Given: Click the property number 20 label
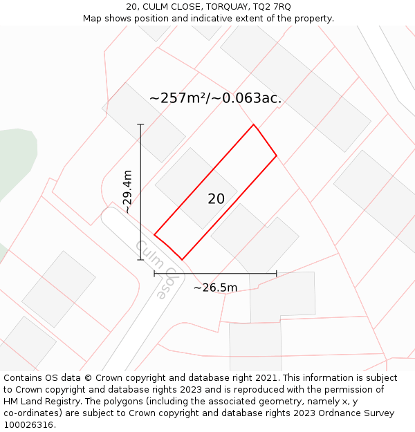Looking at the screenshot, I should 216,199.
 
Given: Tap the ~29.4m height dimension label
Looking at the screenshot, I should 127,191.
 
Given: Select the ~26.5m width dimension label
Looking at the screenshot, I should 215,288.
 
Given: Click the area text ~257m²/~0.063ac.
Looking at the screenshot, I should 215,98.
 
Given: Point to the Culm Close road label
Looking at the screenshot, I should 151,269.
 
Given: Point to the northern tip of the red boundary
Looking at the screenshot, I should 254,125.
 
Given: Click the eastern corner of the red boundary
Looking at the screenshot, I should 277,156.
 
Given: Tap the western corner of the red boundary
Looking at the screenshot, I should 154,234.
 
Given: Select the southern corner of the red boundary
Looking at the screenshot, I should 182,260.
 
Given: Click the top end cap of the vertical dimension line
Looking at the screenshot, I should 140,124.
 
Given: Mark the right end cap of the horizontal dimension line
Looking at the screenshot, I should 277,274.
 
